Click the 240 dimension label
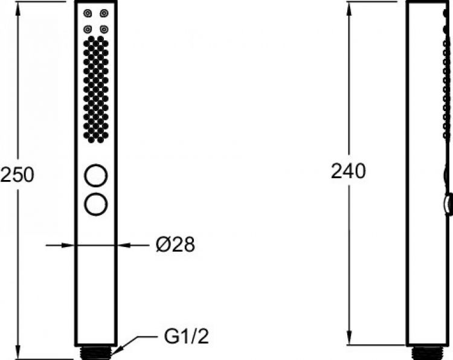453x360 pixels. [x=348, y=172]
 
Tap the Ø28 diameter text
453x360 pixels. [x=175, y=245]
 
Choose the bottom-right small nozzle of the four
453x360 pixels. [x=104, y=28]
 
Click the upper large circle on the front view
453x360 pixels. [x=97, y=176]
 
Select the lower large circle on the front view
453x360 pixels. [x=97, y=204]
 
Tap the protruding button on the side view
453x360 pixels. [x=448, y=204]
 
